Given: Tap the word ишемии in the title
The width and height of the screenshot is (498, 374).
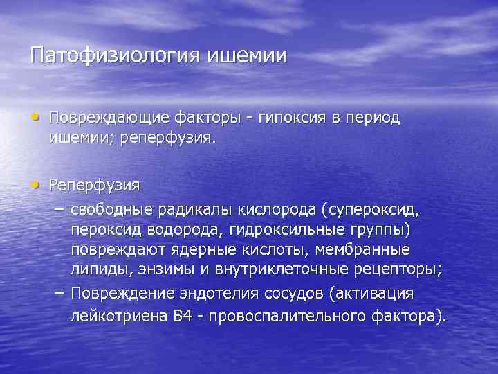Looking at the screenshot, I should pos(246,55).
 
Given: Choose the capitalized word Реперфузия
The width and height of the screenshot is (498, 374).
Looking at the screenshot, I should pos(94,186).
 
